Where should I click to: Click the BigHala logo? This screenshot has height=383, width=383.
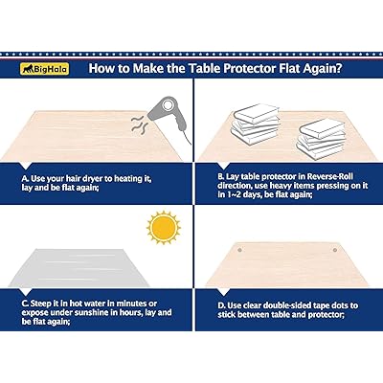[45, 69]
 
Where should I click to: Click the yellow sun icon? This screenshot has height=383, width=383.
[164, 227]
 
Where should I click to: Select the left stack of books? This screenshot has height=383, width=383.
[256, 123]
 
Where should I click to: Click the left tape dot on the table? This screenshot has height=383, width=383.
[239, 250]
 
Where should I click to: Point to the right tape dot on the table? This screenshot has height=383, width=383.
[335, 250]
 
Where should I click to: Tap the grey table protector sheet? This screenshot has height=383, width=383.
[79, 267]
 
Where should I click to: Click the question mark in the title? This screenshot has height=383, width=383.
[339, 68]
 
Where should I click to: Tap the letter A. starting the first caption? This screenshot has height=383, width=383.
[25, 178]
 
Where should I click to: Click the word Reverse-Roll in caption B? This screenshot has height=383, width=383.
[330, 176]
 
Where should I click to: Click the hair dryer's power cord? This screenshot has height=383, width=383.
[186, 135]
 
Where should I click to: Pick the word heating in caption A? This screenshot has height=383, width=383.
[127, 179]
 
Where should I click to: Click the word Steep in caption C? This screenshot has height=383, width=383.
[40, 304]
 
